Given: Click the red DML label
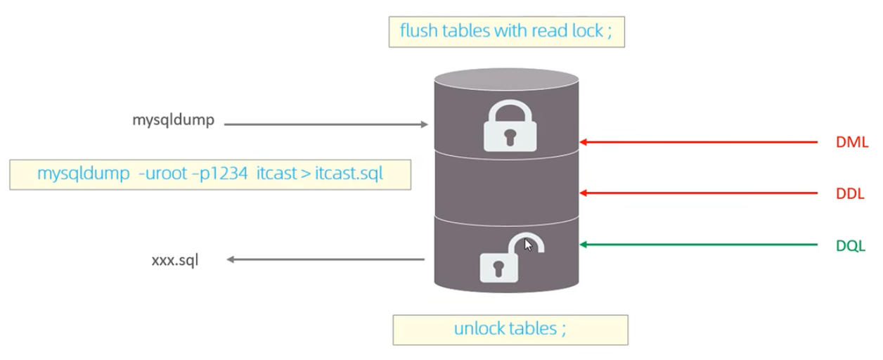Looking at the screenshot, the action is [x=852, y=142].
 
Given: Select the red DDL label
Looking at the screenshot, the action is [x=850, y=193].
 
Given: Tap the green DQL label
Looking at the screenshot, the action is [x=851, y=245].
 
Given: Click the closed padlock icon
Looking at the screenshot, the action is [x=510, y=126].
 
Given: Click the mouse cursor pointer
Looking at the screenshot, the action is [x=528, y=245].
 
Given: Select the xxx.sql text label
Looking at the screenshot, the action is [x=175, y=260].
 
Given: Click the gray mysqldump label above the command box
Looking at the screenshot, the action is [x=174, y=120].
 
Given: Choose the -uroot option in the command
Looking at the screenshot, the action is [x=162, y=174].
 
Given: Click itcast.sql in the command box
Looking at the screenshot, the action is [x=349, y=174].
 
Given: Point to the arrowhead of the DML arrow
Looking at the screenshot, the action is [x=583, y=142].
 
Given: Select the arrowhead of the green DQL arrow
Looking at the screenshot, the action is [x=583, y=245].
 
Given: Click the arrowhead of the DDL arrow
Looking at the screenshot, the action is [x=583, y=193].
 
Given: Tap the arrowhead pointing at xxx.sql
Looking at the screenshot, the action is [x=230, y=259].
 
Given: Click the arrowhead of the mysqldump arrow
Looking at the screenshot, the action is [x=425, y=124].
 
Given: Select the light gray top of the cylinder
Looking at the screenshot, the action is [x=507, y=79].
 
